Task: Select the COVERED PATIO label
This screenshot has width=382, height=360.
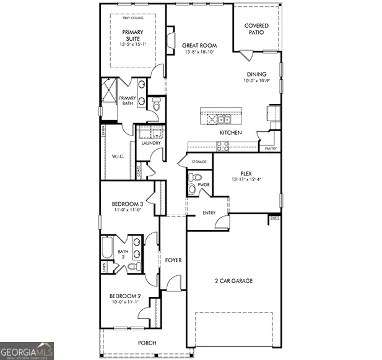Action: click(256, 28)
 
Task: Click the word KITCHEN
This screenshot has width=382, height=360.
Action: click(230, 133)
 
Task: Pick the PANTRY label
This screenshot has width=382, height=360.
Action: click(270, 148)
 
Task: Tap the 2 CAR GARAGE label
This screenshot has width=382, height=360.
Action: click(234, 281)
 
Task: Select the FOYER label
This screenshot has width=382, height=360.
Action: click(173, 260)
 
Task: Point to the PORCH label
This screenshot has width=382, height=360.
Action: click(147, 343)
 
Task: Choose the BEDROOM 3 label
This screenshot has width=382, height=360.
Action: click(127, 204)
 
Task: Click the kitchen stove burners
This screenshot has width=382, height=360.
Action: click(222, 146)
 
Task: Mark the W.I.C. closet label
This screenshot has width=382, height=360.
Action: click(118, 156)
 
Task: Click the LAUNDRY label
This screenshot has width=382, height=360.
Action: click(151, 144)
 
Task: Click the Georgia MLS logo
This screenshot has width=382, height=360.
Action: click(27, 350)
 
